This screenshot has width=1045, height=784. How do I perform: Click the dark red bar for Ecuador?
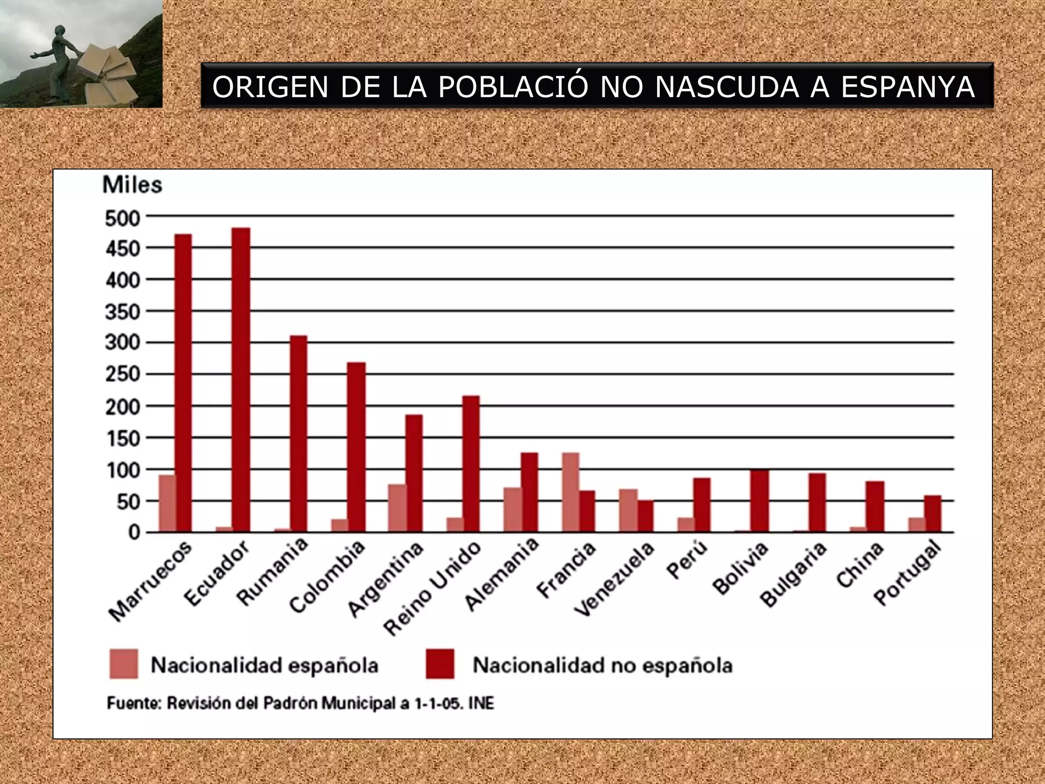coord(241,380)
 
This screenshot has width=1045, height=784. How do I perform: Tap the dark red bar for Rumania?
coord(298,434)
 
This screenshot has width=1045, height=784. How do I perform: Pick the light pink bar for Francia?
coord(570,492)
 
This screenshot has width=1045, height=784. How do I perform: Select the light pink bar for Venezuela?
coord(628,510)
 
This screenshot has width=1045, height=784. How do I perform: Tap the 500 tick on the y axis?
coord(122,218)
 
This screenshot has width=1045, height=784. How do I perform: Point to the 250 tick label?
coord(122,375)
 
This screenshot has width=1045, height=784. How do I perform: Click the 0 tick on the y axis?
coord(134,533)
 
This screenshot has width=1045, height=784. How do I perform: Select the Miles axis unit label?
coord(132,185)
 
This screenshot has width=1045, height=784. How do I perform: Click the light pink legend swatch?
coord(123,664)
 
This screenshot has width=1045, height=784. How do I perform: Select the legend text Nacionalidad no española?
coord(603,665)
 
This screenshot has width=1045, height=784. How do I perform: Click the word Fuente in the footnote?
coord(134,703)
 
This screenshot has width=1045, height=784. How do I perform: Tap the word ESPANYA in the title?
coord(908,87)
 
